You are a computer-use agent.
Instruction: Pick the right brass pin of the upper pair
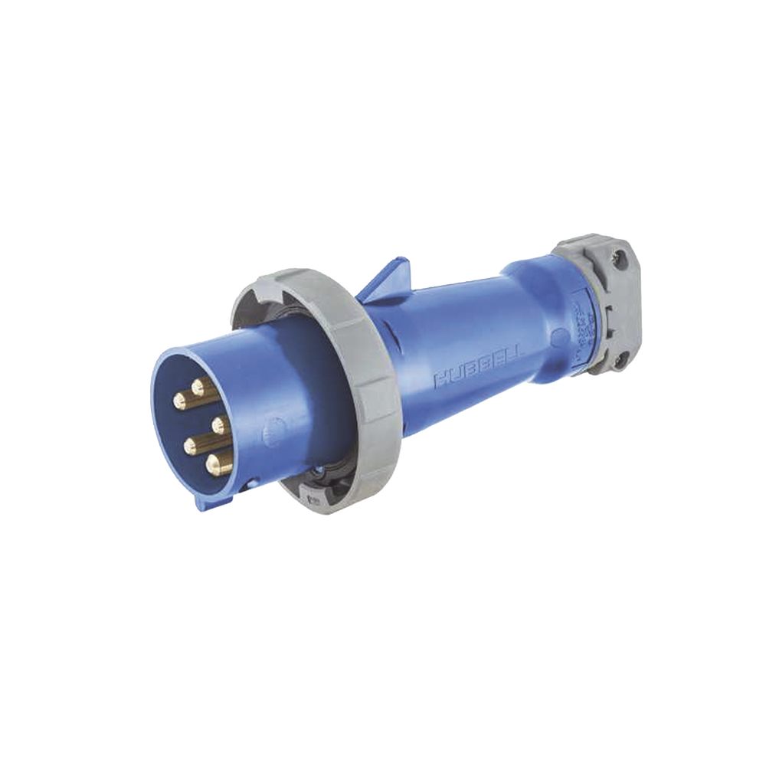click(x=201, y=390)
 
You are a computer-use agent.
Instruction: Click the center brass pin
click(x=218, y=421)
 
